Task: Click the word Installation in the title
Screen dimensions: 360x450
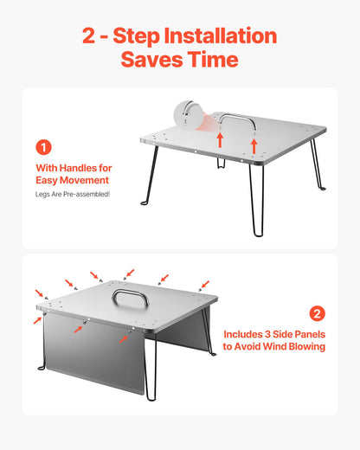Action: pyautogui.click(x=221, y=36)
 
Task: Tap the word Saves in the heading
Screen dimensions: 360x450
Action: pyautogui.click(x=151, y=60)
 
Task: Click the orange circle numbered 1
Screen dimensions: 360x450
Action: pyautogui.click(x=43, y=147)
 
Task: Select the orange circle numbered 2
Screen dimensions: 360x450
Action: pyautogui.click(x=317, y=313)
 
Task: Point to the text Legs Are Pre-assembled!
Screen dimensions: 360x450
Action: pyautogui.click(x=73, y=194)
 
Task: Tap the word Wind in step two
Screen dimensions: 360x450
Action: pyautogui.click(x=275, y=346)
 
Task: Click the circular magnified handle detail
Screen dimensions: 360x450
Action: pyautogui.click(x=189, y=115)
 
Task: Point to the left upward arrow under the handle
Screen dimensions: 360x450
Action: pyautogui.click(x=220, y=139)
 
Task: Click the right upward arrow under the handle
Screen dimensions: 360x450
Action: pyautogui.click(x=254, y=146)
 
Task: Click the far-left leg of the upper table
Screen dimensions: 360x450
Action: pyautogui.click(x=151, y=176)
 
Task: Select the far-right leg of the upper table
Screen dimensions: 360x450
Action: pyautogui.click(x=318, y=164)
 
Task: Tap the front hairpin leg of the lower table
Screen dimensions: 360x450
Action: pyautogui.click(x=151, y=366)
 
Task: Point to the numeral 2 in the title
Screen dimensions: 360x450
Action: pyautogui.click(x=88, y=36)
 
